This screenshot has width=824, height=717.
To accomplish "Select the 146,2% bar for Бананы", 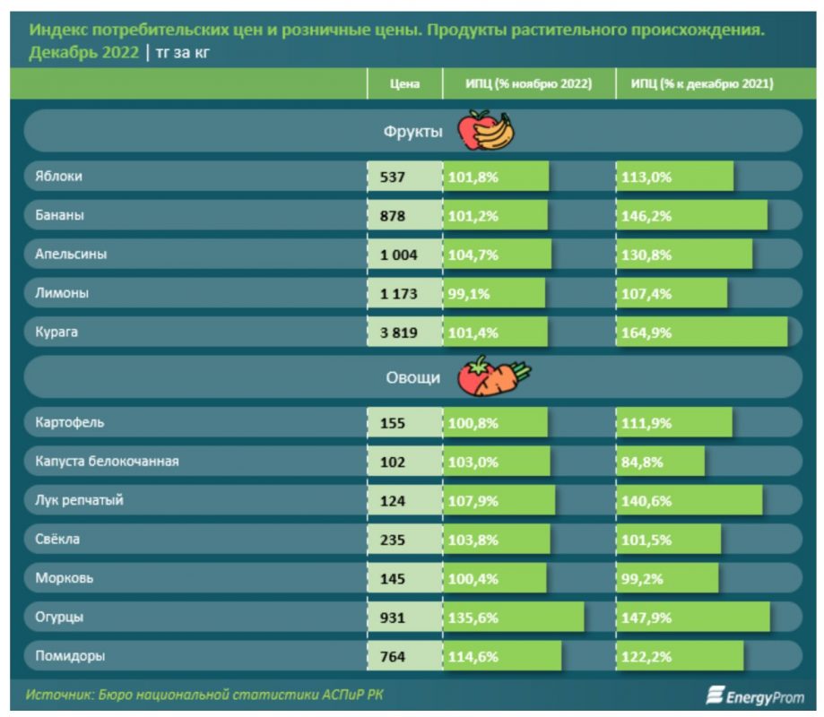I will click(x=691, y=216).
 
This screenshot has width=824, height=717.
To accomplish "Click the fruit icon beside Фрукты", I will click(x=485, y=131).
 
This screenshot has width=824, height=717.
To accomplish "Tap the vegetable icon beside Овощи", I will click(x=493, y=377).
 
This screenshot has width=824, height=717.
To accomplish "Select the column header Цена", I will click(x=405, y=84).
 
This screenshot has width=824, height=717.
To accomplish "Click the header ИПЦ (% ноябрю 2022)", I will click(x=528, y=84).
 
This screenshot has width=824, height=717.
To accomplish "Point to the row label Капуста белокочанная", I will click(x=107, y=462).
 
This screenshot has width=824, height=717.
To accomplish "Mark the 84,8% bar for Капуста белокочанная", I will click(x=660, y=462).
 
